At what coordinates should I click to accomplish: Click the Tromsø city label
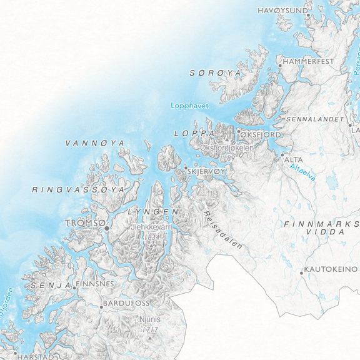pos(84,222)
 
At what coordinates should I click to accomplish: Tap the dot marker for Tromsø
pos(106,229)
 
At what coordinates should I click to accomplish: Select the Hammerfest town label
pos(309,62)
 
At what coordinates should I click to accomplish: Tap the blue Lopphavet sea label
pos(189,106)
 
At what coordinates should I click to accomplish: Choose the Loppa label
pos(194,134)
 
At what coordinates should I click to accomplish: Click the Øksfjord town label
pos(261,134)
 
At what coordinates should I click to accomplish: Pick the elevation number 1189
pos(227,157)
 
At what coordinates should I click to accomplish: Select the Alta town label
pos(294,160)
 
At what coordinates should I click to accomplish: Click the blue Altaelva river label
pos(304,171)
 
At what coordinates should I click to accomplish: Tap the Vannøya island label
pos(95,143)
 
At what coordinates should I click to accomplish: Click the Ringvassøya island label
pos(78,189)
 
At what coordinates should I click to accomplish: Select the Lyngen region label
pos(152,212)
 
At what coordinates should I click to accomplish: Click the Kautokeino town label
pos(331,269)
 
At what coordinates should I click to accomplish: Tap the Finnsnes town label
pos(94,284)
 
